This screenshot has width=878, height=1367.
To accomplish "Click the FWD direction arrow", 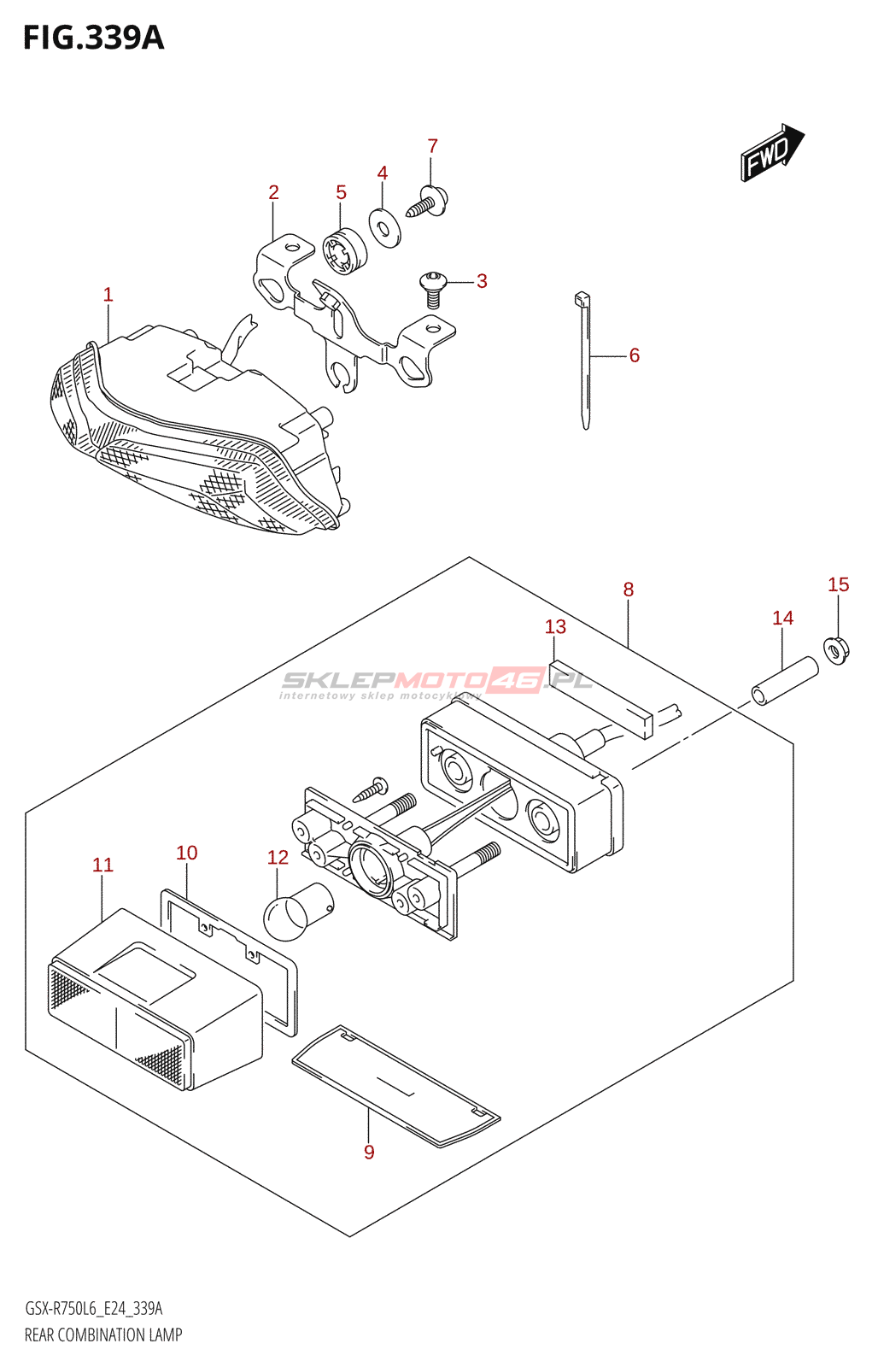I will (x=771, y=152).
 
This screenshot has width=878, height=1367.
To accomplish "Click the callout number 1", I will (x=108, y=295).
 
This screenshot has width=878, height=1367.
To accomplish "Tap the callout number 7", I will (x=432, y=146).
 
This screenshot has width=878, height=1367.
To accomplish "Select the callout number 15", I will (x=838, y=584).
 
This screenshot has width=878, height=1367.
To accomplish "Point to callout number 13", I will (x=555, y=626).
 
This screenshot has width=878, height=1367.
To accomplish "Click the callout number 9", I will (x=369, y=1152).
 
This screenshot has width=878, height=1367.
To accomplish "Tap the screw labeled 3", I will (x=433, y=287).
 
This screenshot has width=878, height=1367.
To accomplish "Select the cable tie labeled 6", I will (x=585, y=359).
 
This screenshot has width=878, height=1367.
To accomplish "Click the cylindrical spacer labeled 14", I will (x=784, y=681).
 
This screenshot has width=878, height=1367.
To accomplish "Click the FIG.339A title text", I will (x=93, y=38).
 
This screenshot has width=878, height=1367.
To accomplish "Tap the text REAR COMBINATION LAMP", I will (x=103, y=1335).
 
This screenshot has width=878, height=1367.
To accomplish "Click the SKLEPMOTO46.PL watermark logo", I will (x=436, y=682).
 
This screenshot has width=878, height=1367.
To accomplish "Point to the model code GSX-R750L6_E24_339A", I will (x=94, y=1308).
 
